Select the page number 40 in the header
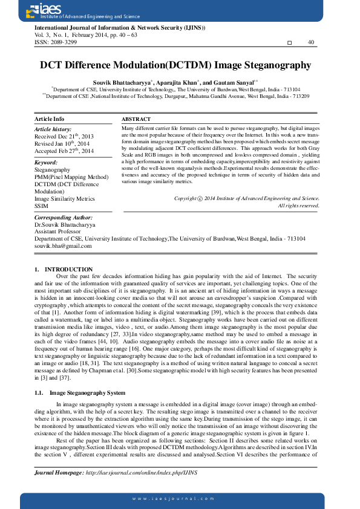click(x=311, y=42)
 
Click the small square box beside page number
click(x=289, y=43)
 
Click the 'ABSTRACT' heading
click(x=136, y=119)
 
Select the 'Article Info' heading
click(x=49, y=119)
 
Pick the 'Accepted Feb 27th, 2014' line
click(x=64, y=151)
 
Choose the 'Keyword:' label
click(x=46, y=163)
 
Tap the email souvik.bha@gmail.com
click(x=63, y=246)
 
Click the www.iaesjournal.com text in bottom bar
click(x=180, y=498)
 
